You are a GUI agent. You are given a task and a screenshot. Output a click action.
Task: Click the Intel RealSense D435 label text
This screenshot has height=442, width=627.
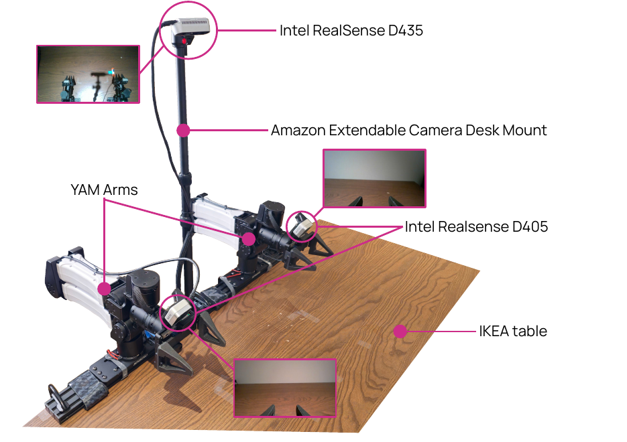[x=351, y=30]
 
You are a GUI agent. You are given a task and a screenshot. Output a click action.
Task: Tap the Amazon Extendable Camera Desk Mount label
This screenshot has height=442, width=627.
[x=408, y=131]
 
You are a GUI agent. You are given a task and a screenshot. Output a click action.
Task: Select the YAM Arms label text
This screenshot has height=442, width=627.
[x=104, y=190]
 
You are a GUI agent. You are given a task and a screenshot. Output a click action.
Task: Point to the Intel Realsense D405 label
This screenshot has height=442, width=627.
[x=476, y=227]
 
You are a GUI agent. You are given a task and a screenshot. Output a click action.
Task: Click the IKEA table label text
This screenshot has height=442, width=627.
[x=513, y=331]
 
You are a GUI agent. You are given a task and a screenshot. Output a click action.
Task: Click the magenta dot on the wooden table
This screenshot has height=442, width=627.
[x=400, y=331]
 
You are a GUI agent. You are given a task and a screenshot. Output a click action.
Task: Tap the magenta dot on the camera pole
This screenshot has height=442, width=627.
[x=183, y=130]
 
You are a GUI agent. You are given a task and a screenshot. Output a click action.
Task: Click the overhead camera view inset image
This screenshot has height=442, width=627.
[x=88, y=74]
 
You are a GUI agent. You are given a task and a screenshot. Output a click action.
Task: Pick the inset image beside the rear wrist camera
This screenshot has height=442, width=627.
[x=374, y=179]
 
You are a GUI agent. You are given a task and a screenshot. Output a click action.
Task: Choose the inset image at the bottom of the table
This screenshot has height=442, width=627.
[x=285, y=388]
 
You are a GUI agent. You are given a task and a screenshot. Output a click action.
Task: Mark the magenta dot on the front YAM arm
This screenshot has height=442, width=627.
[x=105, y=288]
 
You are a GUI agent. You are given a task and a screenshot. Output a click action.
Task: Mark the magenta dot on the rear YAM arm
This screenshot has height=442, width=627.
[x=249, y=239]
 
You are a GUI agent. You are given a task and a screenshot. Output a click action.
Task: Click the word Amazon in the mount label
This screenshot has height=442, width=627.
[x=298, y=131]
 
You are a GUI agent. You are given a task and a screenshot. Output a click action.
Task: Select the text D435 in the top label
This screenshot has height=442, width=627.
[x=405, y=30]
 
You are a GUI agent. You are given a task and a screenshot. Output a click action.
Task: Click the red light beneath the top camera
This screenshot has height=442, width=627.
[x=184, y=41]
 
